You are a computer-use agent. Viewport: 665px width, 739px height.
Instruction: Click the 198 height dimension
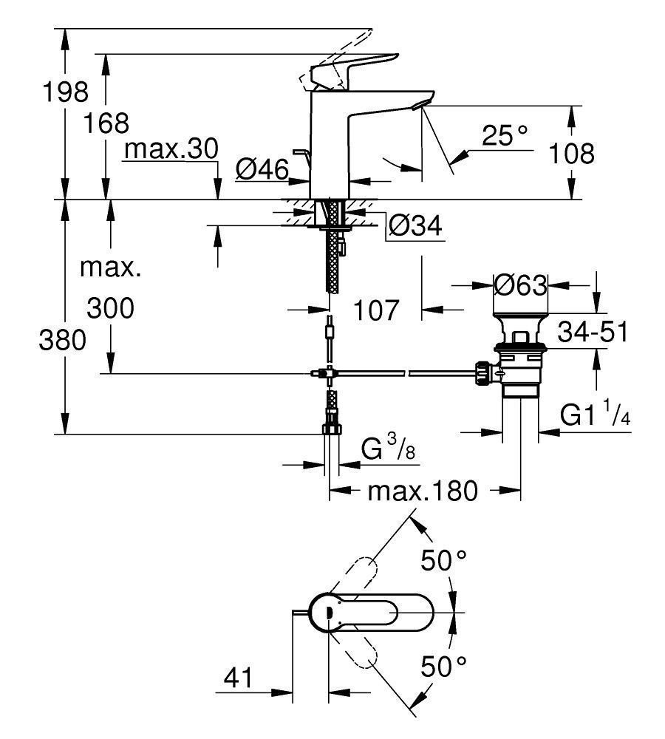[66, 92]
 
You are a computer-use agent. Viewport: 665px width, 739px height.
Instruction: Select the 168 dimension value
[106, 123]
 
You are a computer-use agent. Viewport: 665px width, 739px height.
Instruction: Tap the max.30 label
[171, 149]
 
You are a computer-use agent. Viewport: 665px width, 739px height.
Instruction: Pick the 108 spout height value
[572, 154]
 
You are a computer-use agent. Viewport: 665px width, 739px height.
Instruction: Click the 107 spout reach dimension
[375, 310]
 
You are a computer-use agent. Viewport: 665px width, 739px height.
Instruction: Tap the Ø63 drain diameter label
[521, 285]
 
